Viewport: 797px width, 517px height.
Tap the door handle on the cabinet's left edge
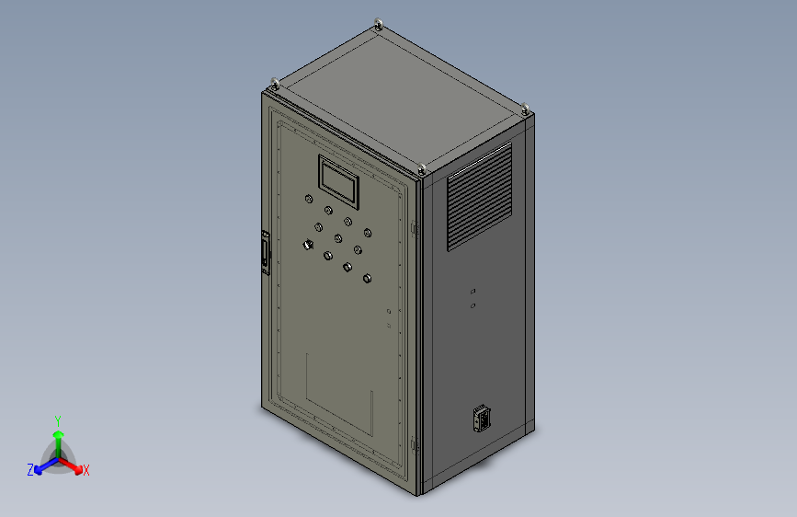point(266,254)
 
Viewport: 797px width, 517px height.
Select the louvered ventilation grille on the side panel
point(479,196)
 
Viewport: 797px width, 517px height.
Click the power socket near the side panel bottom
point(479,419)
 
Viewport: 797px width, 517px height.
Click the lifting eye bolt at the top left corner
point(273,85)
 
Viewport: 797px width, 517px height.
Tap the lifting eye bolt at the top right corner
point(526,110)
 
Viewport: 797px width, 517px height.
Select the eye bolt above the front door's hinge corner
point(421,168)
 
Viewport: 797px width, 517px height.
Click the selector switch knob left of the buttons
point(308,245)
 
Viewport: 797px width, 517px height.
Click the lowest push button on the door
point(368,279)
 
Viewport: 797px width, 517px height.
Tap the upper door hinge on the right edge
point(415,227)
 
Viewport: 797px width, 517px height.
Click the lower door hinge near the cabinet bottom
point(415,445)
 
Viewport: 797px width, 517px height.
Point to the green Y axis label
point(57,419)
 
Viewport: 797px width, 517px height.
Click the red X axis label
point(85,471)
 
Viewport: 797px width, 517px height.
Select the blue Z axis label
point(30,470)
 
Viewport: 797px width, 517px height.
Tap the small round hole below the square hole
point(473,305)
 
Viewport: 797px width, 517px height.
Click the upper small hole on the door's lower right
point(389,312)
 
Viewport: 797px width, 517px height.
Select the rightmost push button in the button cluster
point(368,233)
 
